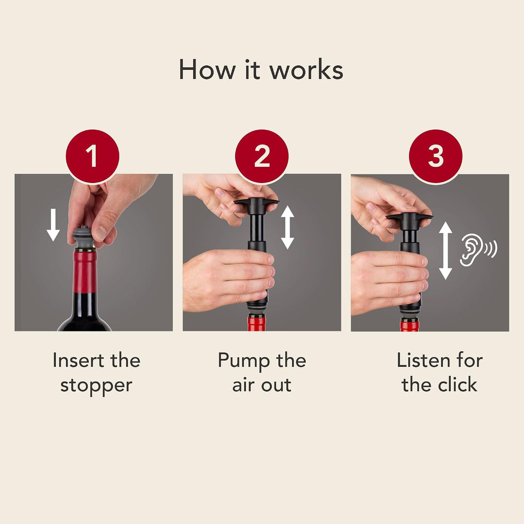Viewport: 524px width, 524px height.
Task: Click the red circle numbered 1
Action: point(93,156)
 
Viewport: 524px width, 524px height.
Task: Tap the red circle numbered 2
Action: point(262,156)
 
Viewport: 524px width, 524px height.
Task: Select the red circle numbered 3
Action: point(435,156)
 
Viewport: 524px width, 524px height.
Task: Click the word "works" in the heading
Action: point(306,70)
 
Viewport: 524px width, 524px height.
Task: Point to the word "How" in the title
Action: point(207,70)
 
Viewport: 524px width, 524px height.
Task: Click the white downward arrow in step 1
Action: point(53,225)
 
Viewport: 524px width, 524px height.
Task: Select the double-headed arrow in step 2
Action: point(287,228)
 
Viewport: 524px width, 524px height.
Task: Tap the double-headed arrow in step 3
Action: point(445,251)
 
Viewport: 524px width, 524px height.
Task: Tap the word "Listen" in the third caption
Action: point(424,360)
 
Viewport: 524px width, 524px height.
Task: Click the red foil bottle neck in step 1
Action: point(84,272)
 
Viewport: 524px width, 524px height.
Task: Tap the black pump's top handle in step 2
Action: point(256,202)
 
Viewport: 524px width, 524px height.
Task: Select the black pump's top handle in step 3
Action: point(409,217)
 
